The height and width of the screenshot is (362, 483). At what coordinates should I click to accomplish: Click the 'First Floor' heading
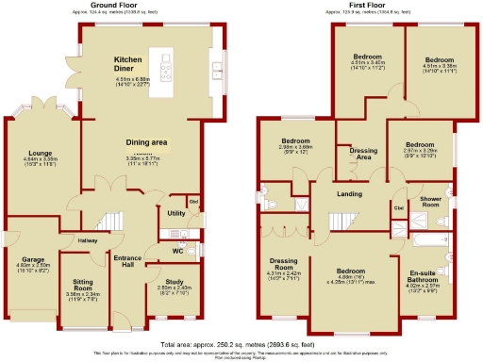click(362, 5)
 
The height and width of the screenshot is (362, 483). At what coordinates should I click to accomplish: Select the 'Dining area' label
click(146, 142)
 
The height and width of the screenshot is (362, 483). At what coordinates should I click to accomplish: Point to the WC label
click(177, 251)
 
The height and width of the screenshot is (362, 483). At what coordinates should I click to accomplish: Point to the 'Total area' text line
click(241, 345)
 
